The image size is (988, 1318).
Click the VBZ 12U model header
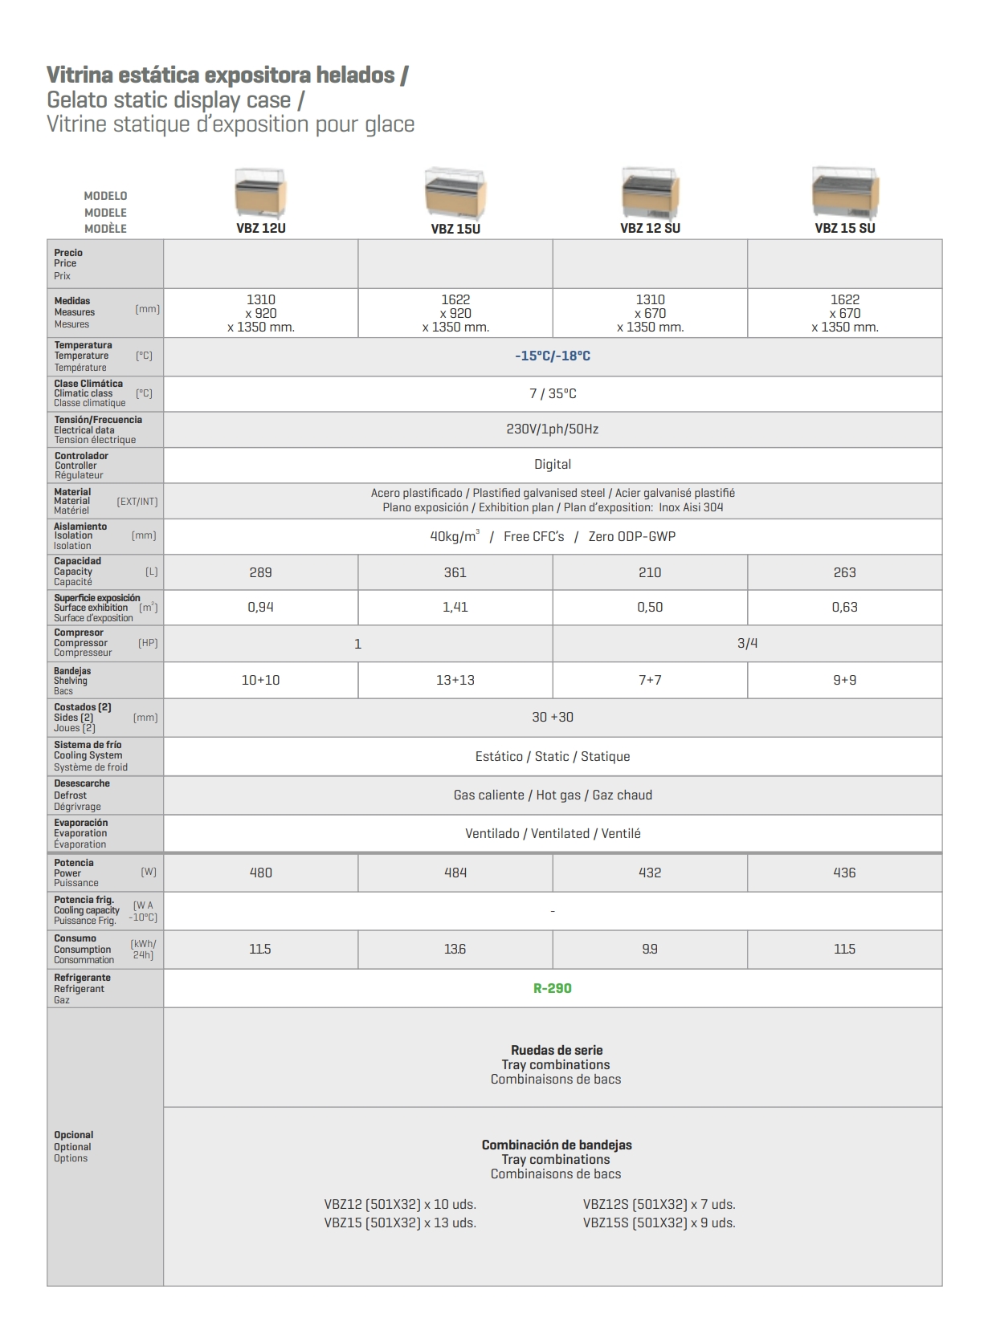(x=261, y=228)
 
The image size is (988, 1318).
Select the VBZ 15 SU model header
(x=844, y=228)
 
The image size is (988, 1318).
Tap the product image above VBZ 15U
(x=455, y=193)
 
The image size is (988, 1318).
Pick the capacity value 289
(x=261, y=572)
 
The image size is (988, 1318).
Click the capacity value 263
(x=844, y=572)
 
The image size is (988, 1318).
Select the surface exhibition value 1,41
(x=455, y=607)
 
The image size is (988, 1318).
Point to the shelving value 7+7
(x=650, y=680)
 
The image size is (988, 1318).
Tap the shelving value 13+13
(x=455, y=680)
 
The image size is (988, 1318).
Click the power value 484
(x=455, y=873)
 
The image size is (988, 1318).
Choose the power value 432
(x=650, y=873)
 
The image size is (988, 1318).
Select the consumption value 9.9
(x=650, y=949)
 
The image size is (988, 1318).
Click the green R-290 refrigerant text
(x=553, y=988)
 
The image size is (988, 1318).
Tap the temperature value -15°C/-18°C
(x=553, y=356)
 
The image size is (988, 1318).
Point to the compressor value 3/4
(x=747, y=643)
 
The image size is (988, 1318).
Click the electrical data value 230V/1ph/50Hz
(x=553, y=429)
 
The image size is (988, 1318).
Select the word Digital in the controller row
(x=553, y=464)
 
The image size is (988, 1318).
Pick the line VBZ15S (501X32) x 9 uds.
(x=659, y=1222)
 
